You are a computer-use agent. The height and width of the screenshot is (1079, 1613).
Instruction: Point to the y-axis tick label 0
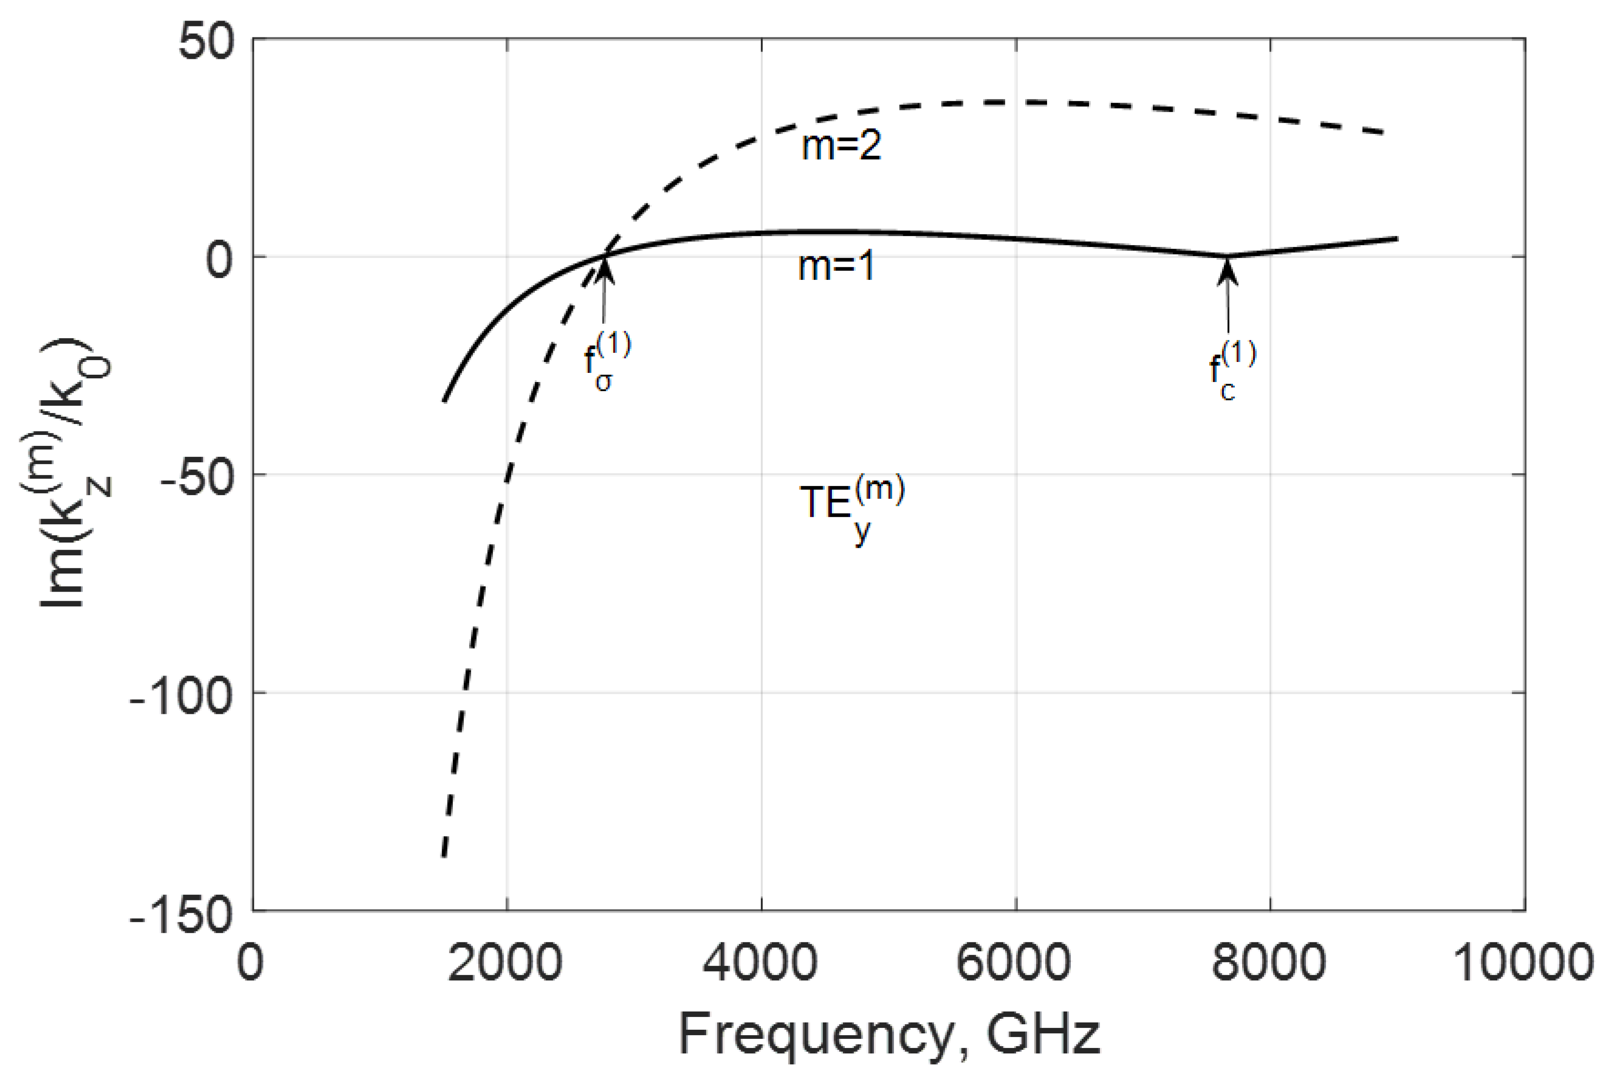[x=219, y=260]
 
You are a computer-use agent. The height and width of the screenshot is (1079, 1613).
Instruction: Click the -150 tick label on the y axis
[x=180, y=915]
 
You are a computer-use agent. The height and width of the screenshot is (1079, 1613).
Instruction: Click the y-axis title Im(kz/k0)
[x=65, y=475]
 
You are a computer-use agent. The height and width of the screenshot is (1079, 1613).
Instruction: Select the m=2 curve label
[x=841, y=146]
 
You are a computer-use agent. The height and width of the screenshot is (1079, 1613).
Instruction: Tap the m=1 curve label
[x=836, y=266]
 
